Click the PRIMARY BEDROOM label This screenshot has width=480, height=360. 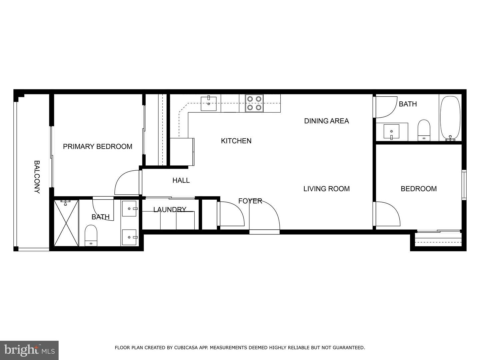(97, 146)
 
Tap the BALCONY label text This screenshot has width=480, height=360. (37, 177)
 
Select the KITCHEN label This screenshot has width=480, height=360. (236, 141)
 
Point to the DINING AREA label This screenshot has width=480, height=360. (326, 121)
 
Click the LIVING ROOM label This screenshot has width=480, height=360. (326, 189)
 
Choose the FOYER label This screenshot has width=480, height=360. (250, 201)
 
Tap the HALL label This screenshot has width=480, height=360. (181, 180)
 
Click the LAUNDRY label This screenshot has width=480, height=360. (170, 209)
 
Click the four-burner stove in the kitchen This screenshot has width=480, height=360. (254, 103)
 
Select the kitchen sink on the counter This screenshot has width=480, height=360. (209, 104)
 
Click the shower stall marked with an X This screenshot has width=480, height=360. (66, 223)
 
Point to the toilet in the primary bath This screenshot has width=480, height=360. (91, 235)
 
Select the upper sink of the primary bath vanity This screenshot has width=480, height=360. (130, 209)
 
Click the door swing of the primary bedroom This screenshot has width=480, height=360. (127, 183)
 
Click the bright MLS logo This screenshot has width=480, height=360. (29, 350)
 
